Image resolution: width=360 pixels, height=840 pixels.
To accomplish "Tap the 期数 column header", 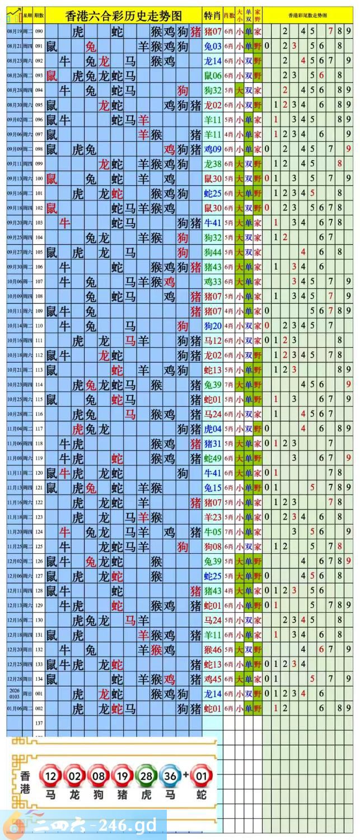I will point(39,15).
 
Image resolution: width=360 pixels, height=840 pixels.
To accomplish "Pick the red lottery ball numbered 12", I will point(51,776).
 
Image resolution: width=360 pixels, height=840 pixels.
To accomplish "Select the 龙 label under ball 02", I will point(74,794).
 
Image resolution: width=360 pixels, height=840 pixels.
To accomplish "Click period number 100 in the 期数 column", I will point(39,179).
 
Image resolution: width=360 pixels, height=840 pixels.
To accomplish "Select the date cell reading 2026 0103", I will point(14,693).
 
